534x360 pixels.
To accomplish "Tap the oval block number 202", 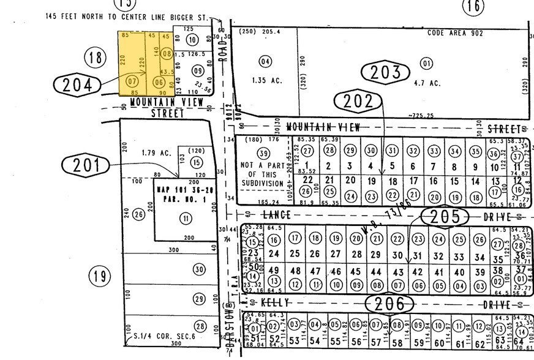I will tap(359, 101).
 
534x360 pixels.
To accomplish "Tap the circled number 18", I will tap(95, 58).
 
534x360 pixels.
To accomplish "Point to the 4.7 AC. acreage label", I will tap(426, 83).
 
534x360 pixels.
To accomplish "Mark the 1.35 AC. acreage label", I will tap(265, 79).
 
